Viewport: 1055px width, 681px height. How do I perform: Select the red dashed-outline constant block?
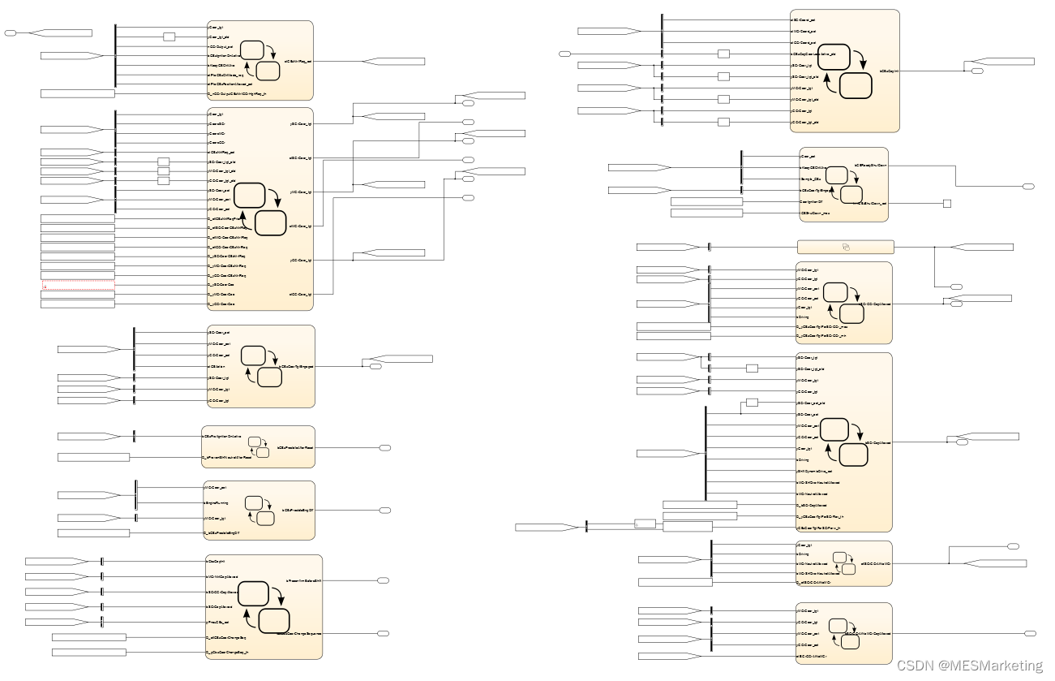click(x=78, y=286)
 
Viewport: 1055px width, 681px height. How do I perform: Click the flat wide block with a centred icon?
click(x=845, y=247)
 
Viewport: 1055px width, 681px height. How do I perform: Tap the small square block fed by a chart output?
click(x=946, y=204)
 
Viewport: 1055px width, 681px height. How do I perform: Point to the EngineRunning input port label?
click(x=216, y=503)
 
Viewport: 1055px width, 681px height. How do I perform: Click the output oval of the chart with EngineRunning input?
click(x=385, y=511)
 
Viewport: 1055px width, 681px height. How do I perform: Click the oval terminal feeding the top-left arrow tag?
click(x=10, y=33)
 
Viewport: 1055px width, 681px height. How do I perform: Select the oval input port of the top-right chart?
click(x=565, y=54)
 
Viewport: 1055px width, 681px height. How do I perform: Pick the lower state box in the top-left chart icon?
click(x=268, y=71)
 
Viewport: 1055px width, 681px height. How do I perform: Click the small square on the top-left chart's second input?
click(x=169, y=37)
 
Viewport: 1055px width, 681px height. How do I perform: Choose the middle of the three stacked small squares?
click(x=163, y=171)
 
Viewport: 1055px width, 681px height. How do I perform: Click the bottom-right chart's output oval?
click(x=1030, y=633)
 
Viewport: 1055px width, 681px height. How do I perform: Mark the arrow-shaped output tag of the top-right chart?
click(x=1002, y=62)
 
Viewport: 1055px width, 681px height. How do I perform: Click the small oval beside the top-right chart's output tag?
click(x=978, y=71)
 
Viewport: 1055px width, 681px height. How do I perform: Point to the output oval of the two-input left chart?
click(x=385, y=447)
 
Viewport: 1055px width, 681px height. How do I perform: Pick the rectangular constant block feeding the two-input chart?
click(x=93, y=458)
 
